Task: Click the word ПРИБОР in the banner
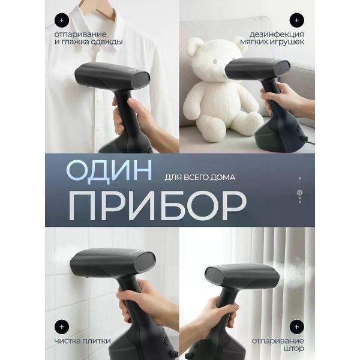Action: pos(157,206)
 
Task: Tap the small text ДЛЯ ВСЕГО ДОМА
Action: pos(199,178)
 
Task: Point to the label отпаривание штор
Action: pos(283,344)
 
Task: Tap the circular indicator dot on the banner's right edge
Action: pos(299,193)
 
